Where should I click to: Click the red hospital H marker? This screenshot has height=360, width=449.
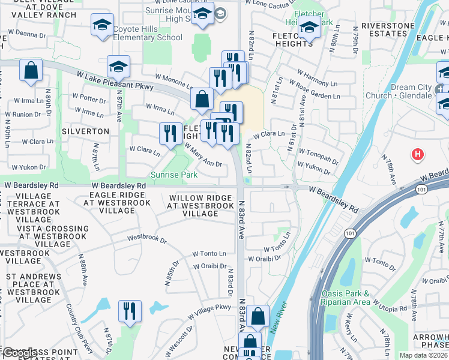click(x=418, y=155)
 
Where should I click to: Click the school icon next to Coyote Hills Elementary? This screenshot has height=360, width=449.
click(x=102, y=26)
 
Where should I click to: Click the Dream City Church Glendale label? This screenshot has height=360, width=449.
click(x=411, y=91)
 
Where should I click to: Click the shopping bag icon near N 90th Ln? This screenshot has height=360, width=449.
click(x=31, y=70)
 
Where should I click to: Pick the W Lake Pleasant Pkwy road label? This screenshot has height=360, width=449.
click(x=115, y=82)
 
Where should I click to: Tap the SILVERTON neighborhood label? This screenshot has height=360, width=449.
click(x=85, y=131)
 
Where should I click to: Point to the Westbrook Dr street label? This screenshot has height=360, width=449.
click(x=146, y=238)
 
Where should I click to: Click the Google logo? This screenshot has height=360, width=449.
click(x=19, y=353)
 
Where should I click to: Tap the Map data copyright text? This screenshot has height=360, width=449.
click(x=424, y=355)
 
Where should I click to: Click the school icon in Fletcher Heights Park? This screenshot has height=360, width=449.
click(x=309, y=27)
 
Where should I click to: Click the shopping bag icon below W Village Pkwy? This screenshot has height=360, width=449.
click(x=258, y=316)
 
